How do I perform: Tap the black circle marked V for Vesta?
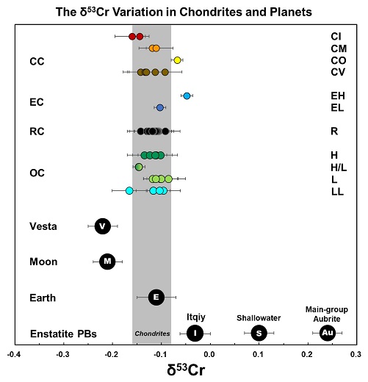(103, 226)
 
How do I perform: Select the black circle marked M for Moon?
(108, 261)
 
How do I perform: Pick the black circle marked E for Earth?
(156, 297)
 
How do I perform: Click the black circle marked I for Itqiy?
(195, 333)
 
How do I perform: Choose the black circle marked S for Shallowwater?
(259, 333)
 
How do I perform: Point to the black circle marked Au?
(327, 333)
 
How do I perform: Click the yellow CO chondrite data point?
(177, 60)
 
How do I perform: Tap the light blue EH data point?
(187, 96)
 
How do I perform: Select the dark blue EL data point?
(160, 108)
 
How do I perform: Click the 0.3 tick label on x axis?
(356, 354)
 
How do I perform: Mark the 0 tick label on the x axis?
(209, 354)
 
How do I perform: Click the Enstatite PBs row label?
(63, 334)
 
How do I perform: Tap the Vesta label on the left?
(43, 226)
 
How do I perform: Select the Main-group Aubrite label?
(327, 314)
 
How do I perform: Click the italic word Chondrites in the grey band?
(152, 334)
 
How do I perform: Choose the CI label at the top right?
(336, 36)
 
